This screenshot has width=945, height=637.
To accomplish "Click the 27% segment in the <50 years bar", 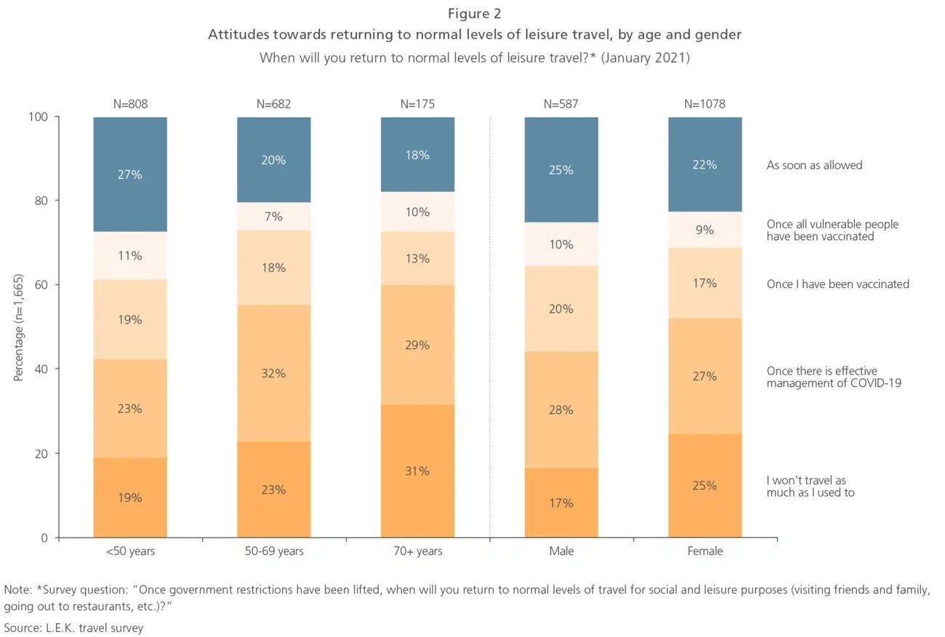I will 130,175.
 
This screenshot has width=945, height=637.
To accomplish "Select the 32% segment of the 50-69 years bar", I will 274,373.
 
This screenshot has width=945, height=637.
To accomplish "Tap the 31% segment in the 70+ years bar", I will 417,471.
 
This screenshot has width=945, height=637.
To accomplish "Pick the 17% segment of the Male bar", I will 561,502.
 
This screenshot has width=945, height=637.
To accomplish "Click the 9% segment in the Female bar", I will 704,230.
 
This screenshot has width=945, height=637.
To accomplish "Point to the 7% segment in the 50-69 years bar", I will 274,217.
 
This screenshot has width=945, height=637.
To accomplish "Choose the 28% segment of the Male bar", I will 561,409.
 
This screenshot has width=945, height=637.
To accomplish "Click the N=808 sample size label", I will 130,104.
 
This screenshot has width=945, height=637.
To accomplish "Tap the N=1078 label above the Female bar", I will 704,104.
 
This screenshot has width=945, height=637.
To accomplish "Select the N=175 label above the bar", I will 417,104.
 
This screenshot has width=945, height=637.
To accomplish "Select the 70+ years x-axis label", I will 417,551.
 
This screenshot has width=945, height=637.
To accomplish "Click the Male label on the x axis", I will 561,551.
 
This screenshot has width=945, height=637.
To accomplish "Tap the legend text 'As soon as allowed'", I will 814,165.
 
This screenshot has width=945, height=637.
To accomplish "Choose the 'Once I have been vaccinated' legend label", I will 837,284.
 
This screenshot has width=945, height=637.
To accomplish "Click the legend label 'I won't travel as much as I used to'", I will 810,486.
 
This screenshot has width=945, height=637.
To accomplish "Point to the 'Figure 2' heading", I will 474,14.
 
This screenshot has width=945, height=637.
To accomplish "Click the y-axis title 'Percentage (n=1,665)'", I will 18,327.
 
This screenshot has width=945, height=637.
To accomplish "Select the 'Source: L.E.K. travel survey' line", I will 74,628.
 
